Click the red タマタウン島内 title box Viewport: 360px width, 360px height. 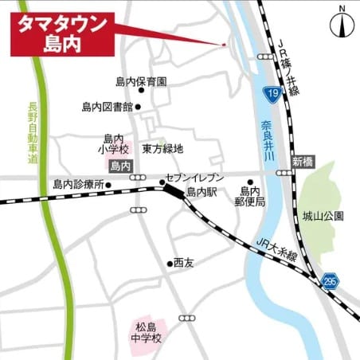(x=61, y=34)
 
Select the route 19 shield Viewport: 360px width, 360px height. (x=273, y=94)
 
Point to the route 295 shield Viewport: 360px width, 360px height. (x=331, y=281)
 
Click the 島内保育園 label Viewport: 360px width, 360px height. (x=140, y=82)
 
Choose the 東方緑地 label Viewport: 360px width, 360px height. (x=162, y=148)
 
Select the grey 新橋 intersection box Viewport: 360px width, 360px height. (x=303, y=162)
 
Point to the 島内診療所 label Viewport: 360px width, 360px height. (x=77, y=184)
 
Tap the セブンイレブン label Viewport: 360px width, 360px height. (x=194, y=178)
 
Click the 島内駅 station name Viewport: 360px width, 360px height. (x=202, y=193)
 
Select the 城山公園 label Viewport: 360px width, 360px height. (x=328, y=216)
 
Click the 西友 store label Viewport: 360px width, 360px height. (x=184, y=262)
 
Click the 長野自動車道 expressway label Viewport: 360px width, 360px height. (x=33, y=133)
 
